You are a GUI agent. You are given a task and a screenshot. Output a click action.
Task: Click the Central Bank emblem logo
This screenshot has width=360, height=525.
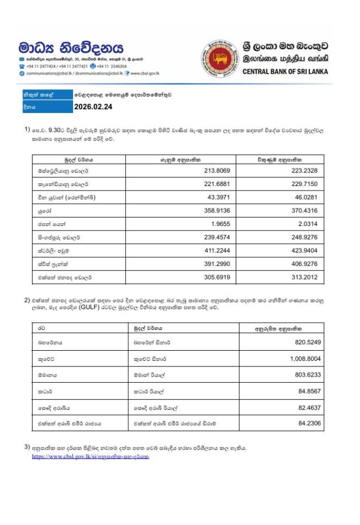pos(219,58)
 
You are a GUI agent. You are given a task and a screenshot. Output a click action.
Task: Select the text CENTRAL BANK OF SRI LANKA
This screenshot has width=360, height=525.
pos(285,72)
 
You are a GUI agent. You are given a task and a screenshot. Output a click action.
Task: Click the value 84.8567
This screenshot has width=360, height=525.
pos(312,390)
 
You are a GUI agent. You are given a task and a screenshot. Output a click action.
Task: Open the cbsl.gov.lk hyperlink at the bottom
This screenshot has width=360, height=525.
pos(90,456)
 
